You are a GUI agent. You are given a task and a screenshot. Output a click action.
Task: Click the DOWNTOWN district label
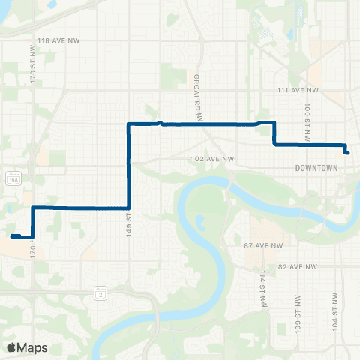coord(316,168)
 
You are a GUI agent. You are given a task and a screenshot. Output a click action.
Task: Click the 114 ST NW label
coord(262,289)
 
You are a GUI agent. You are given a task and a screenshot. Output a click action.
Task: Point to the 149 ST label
coord(130,223)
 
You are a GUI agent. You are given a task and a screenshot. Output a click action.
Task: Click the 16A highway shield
coord(11,178)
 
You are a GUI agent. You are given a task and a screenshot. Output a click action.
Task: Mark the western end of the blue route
coord(13,236)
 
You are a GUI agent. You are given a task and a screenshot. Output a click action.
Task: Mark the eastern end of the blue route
coord(348,152)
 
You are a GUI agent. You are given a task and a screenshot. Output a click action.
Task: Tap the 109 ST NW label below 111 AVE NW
coord(307,114)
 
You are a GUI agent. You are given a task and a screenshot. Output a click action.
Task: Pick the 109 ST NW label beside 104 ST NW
coord(298,314)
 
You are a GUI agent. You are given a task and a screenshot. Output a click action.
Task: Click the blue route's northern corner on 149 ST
coord(130,123)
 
